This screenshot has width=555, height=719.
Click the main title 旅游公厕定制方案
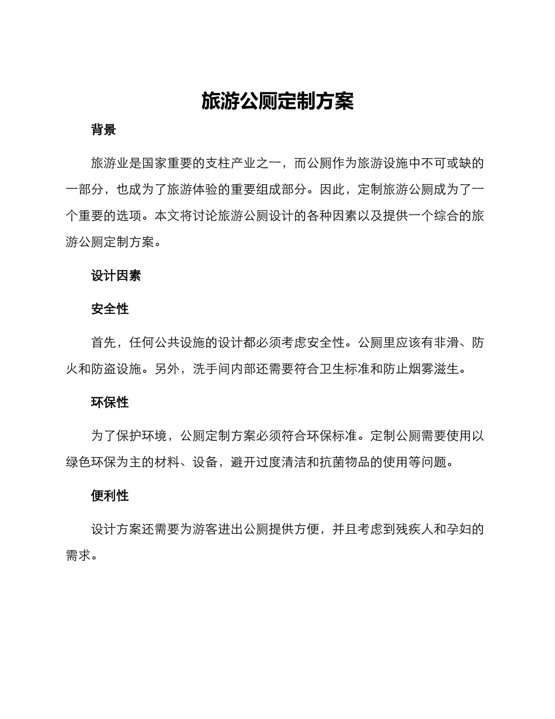pyautogui.click(x=277, y=101)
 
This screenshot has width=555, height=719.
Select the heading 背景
pyautogui.click(x=103, y=130)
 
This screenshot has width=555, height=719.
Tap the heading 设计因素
pyautogui.click(x=116, y=275)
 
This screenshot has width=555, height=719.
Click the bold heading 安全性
pyautogui.click(x=110, y=309)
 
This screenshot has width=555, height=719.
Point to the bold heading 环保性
pyautogui.click(x=110, y=402)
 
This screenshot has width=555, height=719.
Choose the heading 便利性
pyautogui.click(x=110, y=496)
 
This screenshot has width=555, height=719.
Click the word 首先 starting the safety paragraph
pyautogui.click(x=103, y=343)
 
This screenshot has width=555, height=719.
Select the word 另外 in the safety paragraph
pyautogui.click(x=167, y=369)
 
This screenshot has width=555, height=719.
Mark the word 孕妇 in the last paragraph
pyautogui.click(x=459, y=530)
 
